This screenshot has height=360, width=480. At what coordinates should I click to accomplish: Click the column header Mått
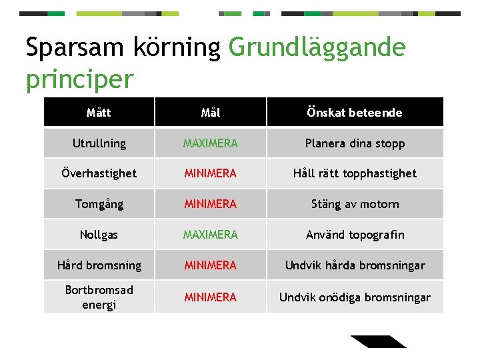point(99,113)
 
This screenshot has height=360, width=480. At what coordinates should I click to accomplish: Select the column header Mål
point(211,113)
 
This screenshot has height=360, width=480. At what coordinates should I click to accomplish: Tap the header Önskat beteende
point(355,113)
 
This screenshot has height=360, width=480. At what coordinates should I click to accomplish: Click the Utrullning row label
point(99,143)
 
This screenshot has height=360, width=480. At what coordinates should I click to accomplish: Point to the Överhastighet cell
point(99,173)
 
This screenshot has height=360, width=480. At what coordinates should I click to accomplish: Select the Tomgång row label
point(99,204)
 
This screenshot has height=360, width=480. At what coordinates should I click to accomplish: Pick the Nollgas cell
point(99,235)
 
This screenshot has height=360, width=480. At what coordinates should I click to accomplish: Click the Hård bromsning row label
point(99,265)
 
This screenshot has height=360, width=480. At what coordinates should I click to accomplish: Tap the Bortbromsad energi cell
point(99,297)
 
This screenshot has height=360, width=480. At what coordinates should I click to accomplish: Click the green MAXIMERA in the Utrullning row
point(211,143)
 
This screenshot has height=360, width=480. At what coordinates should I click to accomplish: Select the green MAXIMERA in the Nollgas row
point(211,235)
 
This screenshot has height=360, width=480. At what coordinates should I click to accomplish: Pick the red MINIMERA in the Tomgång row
point(211,204)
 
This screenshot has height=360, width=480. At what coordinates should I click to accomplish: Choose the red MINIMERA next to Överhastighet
point(211,173)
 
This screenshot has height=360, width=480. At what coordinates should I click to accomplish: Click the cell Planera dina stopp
point(355,143)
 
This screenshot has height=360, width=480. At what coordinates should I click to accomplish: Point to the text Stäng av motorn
point(355,204)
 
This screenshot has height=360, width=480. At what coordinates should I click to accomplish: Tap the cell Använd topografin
point(355,235)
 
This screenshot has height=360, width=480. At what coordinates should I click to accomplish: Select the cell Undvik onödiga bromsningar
point(355,297)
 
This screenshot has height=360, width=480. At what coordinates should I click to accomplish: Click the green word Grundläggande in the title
point(317,48)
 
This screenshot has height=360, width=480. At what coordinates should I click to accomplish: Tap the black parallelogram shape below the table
point(378,341)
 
